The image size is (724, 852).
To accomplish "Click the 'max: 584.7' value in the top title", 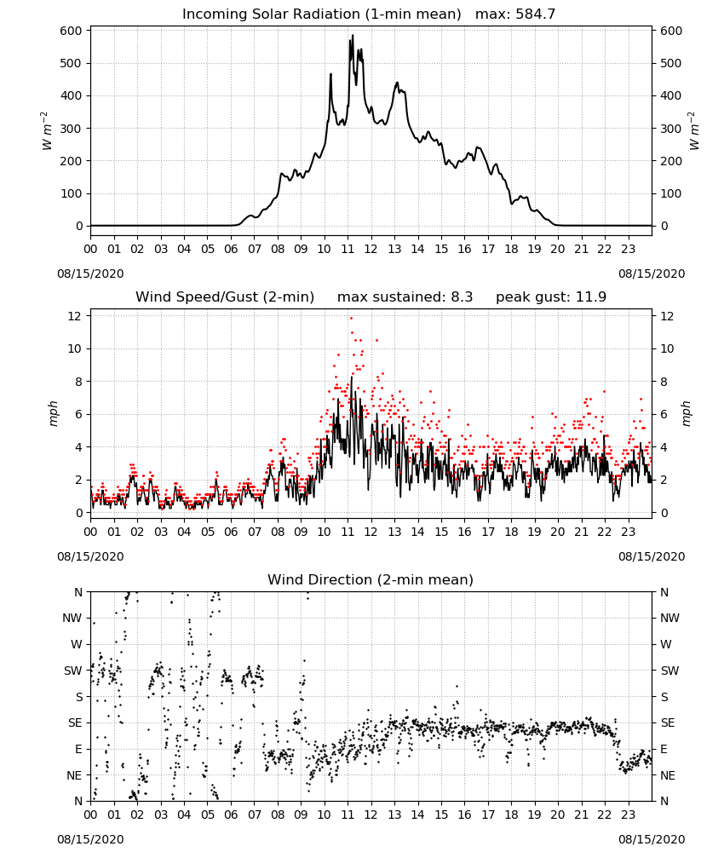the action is (515, 14).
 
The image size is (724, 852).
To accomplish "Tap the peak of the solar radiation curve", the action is (353, 35).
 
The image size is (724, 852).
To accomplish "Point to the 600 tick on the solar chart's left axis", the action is (72, 31).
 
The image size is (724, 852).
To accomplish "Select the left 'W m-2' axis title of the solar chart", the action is (46, 131).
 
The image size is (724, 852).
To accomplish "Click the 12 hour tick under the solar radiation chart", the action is (371, 250).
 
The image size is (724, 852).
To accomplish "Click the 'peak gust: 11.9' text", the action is (551, 297).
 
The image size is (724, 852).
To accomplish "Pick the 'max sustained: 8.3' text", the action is (405, 297).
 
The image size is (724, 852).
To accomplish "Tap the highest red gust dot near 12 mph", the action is (352, 318).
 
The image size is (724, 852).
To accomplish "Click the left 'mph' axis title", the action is (53, 413).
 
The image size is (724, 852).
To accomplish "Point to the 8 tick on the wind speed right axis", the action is (664, 382).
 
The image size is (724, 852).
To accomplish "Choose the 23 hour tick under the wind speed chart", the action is (629, 532).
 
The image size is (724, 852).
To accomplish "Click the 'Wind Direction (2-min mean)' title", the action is (371, 579).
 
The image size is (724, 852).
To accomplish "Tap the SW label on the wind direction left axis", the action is (73, 671).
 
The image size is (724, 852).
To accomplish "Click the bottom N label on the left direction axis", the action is (78, 801).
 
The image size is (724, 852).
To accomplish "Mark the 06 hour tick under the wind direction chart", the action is (231, 815).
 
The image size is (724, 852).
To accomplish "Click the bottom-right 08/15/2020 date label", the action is (652, 839).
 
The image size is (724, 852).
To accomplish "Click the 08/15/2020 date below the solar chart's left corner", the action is (90, 273).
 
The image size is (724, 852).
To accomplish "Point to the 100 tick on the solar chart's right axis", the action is (670, 194).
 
